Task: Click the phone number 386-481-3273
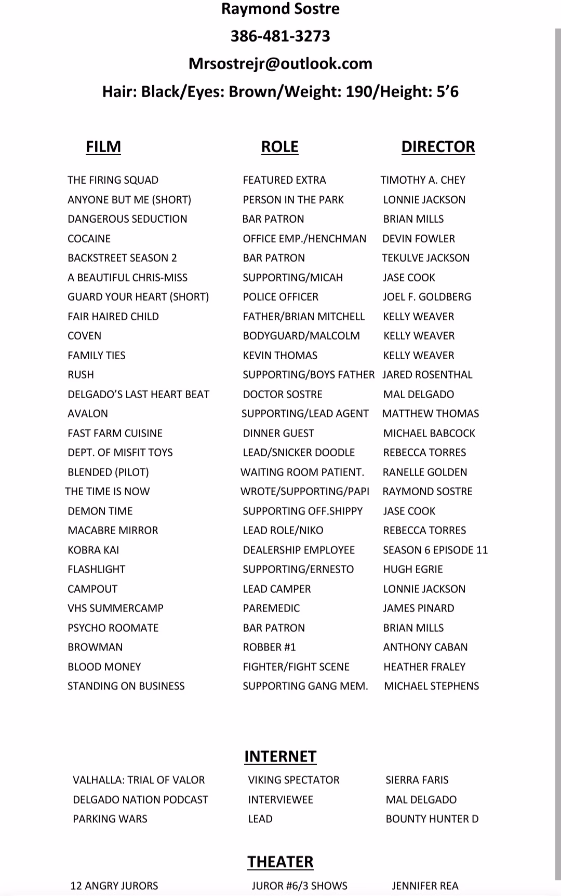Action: point(280,36)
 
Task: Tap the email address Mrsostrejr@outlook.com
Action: point(280,64)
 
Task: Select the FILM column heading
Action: point(103,147)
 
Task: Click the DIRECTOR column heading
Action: point(438,147)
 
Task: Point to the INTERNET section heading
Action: point(280,757)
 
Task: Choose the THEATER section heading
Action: point(280,862)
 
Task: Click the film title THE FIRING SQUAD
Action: point(113,180)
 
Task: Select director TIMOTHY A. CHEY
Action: point(423,180)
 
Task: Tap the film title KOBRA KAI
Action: point(94,550)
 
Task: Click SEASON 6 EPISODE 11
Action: point(435,550)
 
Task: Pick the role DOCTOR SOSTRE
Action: point(283,395)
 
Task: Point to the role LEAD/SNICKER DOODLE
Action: point(299,453)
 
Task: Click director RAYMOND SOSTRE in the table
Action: point(428,492)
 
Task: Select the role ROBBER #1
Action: point(269,647)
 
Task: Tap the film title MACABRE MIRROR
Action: point(113,531)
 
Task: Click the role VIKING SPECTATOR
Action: point(293,780)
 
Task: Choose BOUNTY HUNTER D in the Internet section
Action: point(432,819)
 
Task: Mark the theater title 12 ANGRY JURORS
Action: point(114,886)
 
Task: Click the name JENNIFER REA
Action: point(425,886)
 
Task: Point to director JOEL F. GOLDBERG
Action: point(427,297)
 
